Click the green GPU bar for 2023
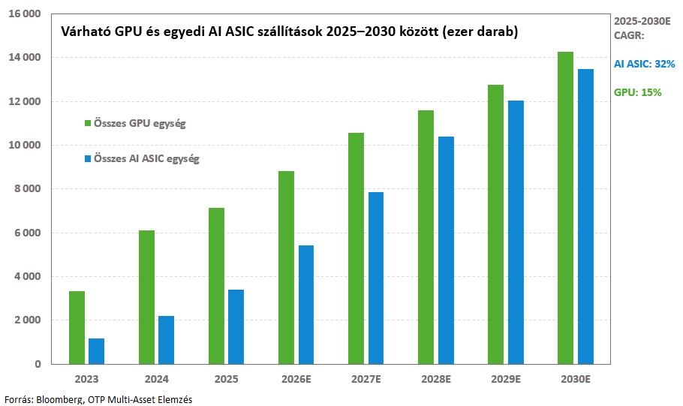76,327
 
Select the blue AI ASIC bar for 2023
96,351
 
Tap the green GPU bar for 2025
215,286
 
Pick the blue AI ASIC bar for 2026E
305,305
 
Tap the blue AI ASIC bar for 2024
166,340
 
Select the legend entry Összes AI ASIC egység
142,158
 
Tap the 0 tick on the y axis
38,364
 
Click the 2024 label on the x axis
155,378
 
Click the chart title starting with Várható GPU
289,32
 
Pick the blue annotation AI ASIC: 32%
644,65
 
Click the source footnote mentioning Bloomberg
98,399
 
